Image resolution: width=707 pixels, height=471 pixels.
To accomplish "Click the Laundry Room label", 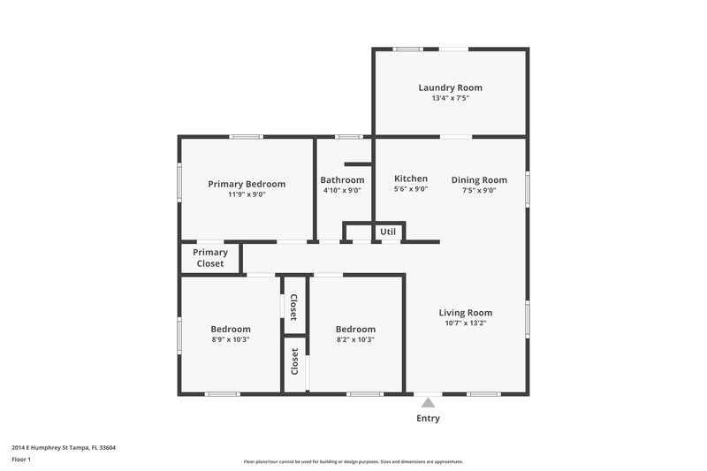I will coord(450,87).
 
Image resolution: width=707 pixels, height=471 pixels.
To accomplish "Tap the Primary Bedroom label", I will coord(247,184).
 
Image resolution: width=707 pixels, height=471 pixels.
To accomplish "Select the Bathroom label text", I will coord(342,179).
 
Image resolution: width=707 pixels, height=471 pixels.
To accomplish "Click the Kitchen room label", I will coord(411,179).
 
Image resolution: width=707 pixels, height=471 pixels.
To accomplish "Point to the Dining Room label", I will coord(479,179).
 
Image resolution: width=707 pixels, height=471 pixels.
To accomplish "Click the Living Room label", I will coord(466,312).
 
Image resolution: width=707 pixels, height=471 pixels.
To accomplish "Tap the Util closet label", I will coord(388,232).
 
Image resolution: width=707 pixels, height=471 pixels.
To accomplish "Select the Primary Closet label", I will coord(210,258).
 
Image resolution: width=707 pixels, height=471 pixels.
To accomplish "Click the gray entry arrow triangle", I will coord(428,403).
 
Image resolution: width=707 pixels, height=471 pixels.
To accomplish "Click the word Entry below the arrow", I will coord(428,418).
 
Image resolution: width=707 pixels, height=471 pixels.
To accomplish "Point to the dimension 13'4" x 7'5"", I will coord(450,99).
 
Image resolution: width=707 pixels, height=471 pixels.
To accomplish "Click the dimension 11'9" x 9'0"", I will coord(247,194).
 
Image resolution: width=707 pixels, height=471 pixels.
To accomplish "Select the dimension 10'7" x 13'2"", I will coord(466,323).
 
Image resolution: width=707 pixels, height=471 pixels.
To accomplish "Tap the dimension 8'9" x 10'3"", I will coord(230,339).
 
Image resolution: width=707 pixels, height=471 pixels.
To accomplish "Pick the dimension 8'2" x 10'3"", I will coord(355,339).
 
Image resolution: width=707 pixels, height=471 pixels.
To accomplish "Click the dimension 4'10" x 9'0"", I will coord(341,190).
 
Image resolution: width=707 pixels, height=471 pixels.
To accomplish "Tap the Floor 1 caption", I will coord(21,460).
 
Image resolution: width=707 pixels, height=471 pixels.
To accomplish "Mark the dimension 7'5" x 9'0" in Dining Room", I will coord(479,190).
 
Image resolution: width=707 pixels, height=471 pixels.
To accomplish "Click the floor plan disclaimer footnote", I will coord(353,461).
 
